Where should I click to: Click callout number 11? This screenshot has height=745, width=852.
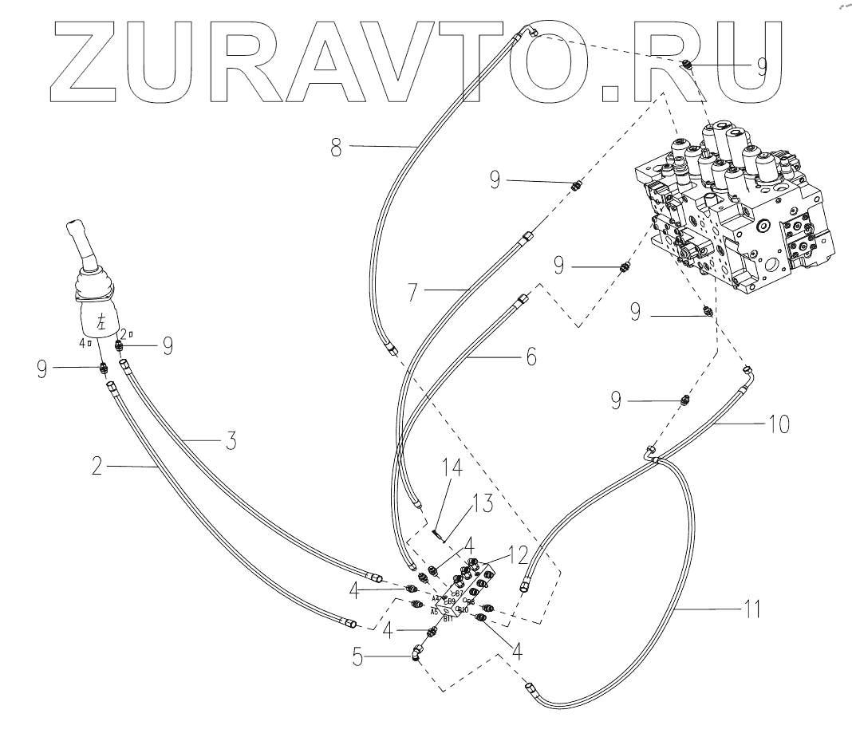[751, 610]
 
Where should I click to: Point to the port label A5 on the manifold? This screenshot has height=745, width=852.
[434, 612]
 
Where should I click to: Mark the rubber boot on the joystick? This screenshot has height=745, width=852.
[94, 286]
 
